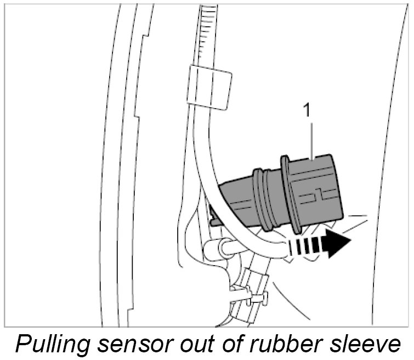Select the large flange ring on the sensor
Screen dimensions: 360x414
(x=290, y=193)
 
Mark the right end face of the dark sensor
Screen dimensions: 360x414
(x=336, y=187)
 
